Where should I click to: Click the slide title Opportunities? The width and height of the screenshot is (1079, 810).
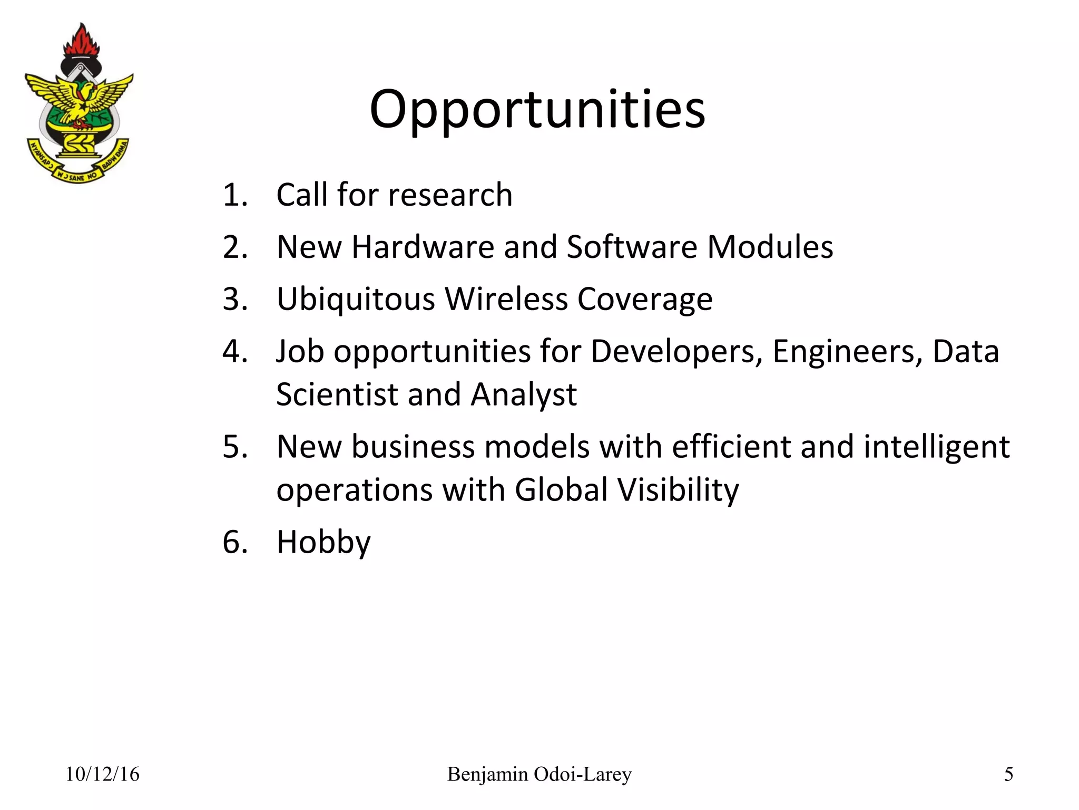(x=537, y=109)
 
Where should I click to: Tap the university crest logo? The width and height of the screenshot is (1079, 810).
(x=79, y=105)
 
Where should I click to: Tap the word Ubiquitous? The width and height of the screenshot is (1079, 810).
(x=356, y=300)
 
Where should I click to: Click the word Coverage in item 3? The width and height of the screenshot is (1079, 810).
(x=645, y=300)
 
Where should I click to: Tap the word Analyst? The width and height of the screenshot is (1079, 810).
(x=524, y=394)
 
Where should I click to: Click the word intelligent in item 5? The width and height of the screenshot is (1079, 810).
(x=936, y=447)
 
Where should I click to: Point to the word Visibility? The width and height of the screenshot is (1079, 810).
(x=679, y=490)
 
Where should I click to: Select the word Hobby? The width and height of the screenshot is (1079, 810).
(x=323, y=542)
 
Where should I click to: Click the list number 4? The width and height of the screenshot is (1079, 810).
(x=234, y=352)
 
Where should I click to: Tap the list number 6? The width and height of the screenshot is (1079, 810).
(x=234, y=542)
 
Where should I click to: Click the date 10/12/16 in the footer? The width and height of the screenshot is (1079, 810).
(x=102, y=774)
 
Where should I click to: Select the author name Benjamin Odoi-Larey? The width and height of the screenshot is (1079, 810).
(x=539, y=774)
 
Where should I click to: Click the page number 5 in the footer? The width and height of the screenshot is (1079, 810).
(x=1008, y=774)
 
